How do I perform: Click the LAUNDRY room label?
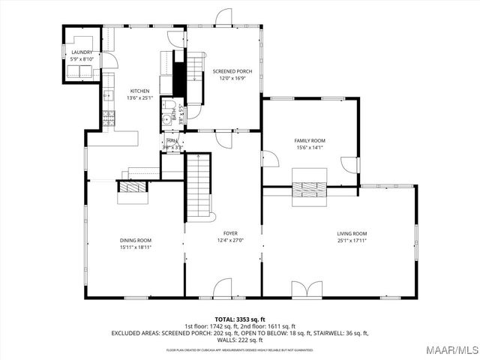[x=81, y=52]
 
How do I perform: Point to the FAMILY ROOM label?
[x=309, y=141]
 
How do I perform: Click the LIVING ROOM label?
[x=351, y=234]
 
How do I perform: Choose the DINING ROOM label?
[x=135, y=240]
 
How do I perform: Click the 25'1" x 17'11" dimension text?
[x=351, y=241]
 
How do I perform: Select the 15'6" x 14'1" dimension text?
[x=309, y=148]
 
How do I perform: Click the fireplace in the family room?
[x=309, y=190]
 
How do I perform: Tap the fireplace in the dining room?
[x=135, y=188]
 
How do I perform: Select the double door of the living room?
[x=307, y=289]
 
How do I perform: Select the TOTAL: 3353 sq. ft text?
[x=239, y=319]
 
